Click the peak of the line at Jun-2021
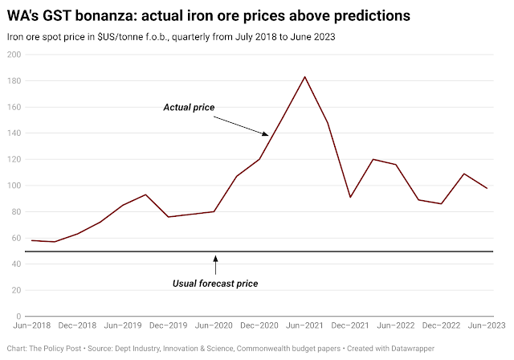point(305,76)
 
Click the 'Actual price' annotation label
point(189,107)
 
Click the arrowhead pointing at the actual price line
point(267,134)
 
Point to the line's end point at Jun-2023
point(487,188)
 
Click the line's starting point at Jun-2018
point(32,240)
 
